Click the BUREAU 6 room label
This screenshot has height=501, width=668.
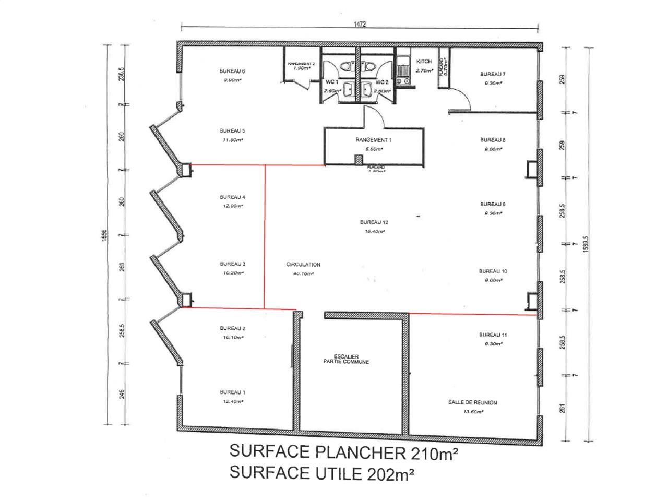[x=232, y=71]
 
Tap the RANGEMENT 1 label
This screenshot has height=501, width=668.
[x=374, y=140]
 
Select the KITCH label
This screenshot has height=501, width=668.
[x=424, y=62]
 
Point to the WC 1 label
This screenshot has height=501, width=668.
[x=332, y=82]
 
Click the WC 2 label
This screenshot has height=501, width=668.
[x=383, y=82]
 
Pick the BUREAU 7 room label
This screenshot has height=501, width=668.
[x=493, y=74]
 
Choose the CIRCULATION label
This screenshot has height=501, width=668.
[x=303, y=265]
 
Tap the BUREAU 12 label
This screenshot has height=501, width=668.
[x=374, y=222]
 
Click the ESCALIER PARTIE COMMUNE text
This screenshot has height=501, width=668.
[x=346, y=359]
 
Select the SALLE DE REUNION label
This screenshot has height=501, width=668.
[x=472, y=402]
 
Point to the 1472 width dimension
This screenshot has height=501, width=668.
[x=360, y=24]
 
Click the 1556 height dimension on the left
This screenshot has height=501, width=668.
[x=104, y=236]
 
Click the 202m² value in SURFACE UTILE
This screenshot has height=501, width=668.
[x=391, y=473]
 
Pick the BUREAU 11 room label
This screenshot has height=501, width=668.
[x=493, y=335]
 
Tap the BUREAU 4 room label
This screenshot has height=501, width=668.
[x=232, y=197]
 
